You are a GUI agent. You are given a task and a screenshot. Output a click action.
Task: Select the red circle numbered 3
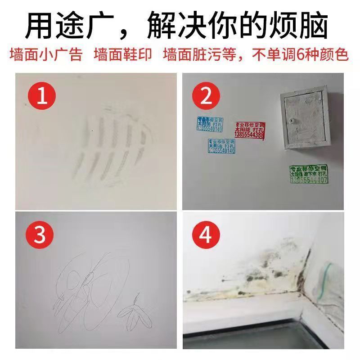click(x=41, y=234)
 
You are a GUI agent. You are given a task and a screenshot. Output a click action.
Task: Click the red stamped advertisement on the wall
click(x=250, y=130)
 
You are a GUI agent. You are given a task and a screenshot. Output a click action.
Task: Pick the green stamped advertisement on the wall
click(x=308, y=174)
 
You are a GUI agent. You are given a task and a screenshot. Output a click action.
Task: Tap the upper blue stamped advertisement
click(x=210, y=124)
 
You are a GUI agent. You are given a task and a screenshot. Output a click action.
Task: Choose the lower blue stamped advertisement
click(x=221, y=146)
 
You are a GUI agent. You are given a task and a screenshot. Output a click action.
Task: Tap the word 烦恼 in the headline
click(x=306, y=25)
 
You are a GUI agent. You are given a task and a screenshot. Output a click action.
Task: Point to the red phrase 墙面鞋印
click(x=123, y=55)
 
